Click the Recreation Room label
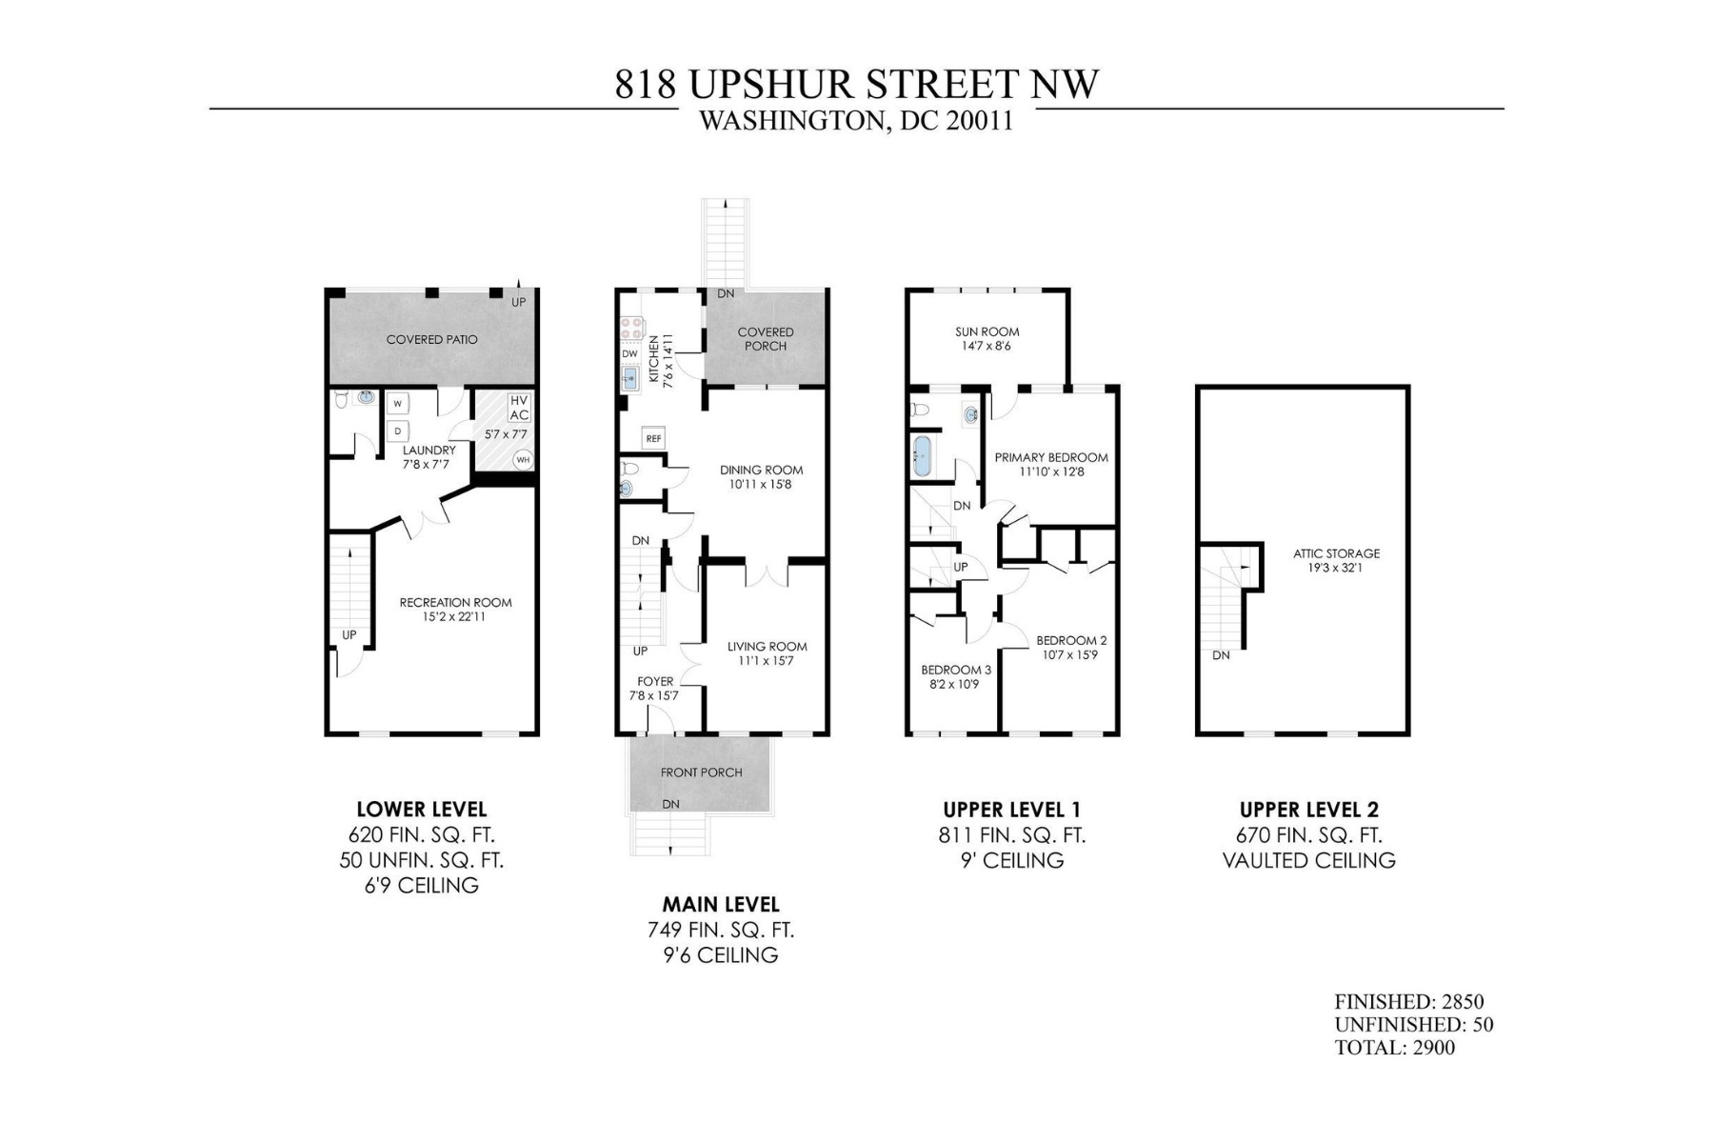(455, 602)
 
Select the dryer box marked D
(398, 431)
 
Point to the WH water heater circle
(522, 460)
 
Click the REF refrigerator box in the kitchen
(653, 438)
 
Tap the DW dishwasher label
(629, 354)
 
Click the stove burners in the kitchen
(630, 329)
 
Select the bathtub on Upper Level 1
(923, 456)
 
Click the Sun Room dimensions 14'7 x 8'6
(987, 347)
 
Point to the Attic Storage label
(1336, 553)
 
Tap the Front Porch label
(701, 772)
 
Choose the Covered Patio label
(431, 340)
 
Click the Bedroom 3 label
(955, 670)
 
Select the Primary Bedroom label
(1051, 457)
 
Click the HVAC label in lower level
(519, 408)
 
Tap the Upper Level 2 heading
(1308, 810)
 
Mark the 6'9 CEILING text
(421, 886)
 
